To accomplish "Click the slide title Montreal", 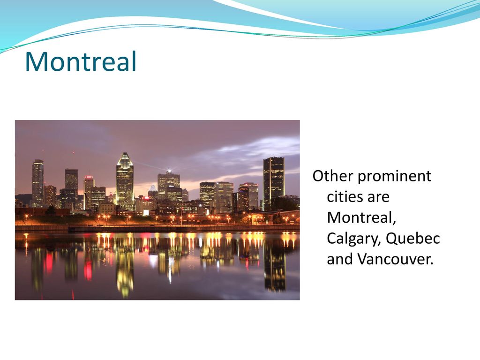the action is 81,61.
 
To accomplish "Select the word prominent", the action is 394,177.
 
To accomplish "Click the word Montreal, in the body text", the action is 361,217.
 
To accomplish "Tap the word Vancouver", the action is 395,259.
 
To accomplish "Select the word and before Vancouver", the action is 340,259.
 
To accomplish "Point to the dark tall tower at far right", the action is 274,183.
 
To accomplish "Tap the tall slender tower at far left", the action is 37,182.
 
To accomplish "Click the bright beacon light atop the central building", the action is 169,170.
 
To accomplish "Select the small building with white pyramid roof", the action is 152,191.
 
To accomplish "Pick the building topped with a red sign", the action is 89,192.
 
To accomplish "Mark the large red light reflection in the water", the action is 88,270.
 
